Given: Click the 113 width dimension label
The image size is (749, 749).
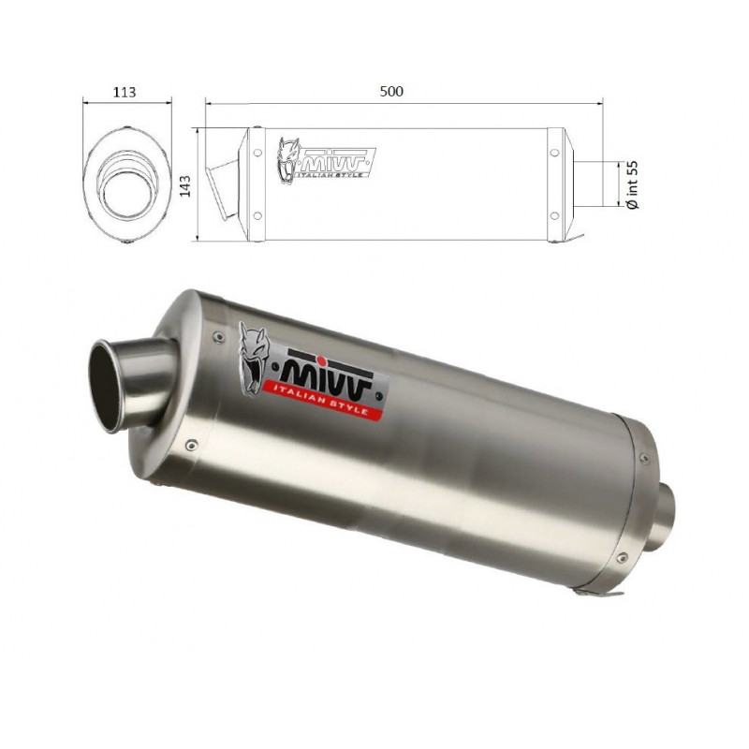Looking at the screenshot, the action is [125, 92].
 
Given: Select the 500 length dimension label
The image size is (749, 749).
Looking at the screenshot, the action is [391, 91].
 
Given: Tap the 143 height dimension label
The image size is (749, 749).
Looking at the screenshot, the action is [184, 185].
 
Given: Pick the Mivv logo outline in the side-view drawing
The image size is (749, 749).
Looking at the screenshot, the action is [326, 160].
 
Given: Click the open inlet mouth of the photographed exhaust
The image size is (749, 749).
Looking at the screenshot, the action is [108, 387].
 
